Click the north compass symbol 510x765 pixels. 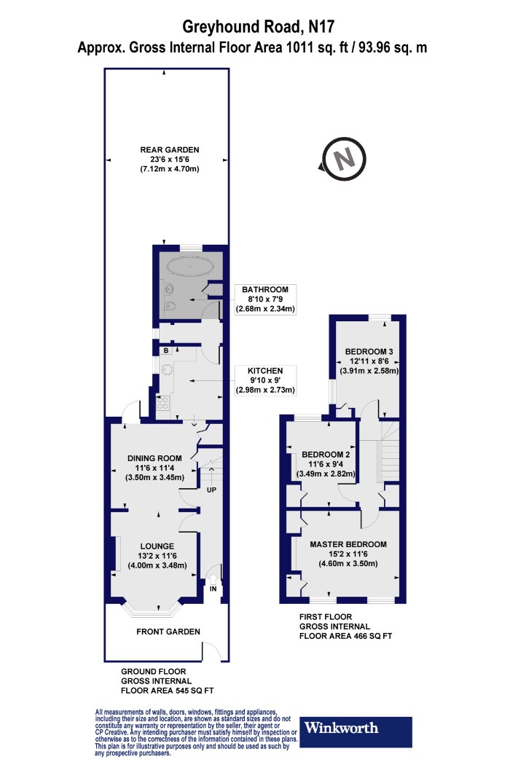point(344,160)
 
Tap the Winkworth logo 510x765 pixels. point(356,731)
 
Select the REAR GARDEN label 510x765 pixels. point(169,150)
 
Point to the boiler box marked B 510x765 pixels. point(166,350)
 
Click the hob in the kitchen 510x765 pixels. point(162,402)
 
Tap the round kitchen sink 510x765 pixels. point(167,369)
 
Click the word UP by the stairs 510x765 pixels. point(211,490)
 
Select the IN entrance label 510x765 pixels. point(213,589)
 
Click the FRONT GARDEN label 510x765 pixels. point(168,632)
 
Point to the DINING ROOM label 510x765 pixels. point(154,458)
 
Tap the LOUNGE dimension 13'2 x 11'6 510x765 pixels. point(157,556)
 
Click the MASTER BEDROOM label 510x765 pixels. point(348,544)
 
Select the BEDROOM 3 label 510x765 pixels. point(369,351)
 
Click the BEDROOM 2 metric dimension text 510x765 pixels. point(326,474)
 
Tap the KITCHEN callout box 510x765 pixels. point(265,380)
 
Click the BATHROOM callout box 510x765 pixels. point(265,299)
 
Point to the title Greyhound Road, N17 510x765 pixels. point(259,26)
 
